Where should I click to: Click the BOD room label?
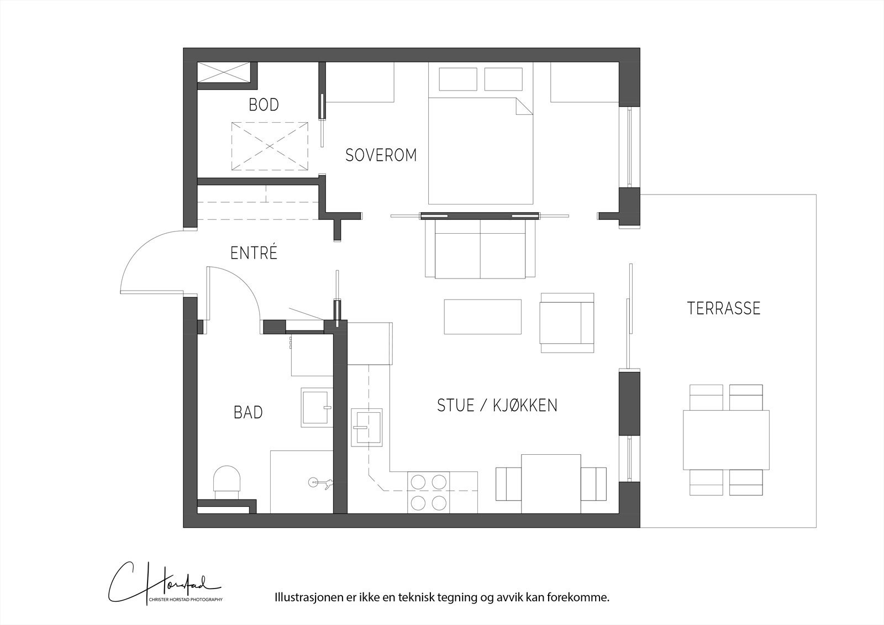tap(264, 104)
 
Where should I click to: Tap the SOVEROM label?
tap(381, 155)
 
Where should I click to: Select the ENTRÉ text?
tap(254, 253)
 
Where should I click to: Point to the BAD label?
tap(248, 413)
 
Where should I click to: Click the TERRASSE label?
tap(724, 308)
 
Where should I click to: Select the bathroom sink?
tap(317, 407)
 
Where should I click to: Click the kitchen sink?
tap(367, 428)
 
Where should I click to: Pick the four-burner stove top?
tap(428, 492)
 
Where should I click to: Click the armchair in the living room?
tap(567, 323)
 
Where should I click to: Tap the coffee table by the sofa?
tap(482, 317)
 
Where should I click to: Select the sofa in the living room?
tap(480, 249)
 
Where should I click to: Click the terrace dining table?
tap(726, 440)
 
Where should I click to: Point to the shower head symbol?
tap(320, 482)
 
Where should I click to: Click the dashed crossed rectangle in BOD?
tap(270, 146)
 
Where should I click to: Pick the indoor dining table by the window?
tap(551, 484)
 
